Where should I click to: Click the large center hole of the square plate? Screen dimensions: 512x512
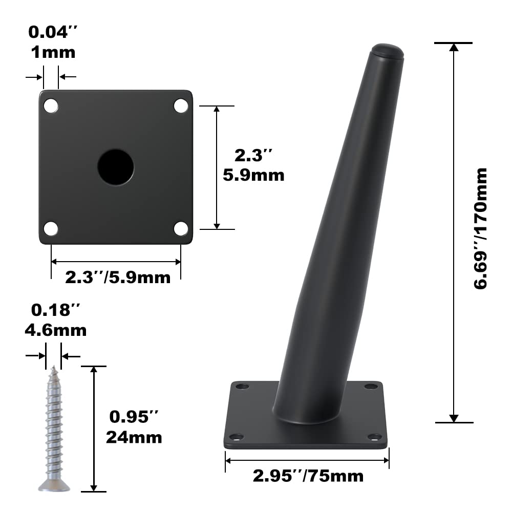[116, 167]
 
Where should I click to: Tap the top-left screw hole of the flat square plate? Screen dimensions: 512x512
[51, 105]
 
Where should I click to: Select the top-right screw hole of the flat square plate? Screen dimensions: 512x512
[181, 105]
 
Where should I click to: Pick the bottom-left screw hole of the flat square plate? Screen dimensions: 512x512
[51, 228]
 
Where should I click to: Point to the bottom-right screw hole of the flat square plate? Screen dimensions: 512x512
[181, 228]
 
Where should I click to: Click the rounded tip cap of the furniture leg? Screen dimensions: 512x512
[387, 51]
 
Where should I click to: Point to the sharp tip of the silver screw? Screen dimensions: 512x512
[53, 367]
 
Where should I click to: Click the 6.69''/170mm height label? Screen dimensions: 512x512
[481, 228]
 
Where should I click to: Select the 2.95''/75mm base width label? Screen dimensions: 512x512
[308, 476]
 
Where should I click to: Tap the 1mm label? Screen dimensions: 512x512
[52, 52]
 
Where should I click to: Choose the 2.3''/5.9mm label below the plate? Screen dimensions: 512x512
[117, 278]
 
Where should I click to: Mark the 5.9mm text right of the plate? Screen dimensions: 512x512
[253, 175]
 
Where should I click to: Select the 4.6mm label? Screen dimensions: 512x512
[56, 330]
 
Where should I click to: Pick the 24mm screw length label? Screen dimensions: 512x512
[134, 437]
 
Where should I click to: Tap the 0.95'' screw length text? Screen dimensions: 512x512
[131, 417]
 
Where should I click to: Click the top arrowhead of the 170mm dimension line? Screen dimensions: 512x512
[453, 47]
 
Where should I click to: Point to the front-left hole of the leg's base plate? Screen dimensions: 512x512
[236, 437]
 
